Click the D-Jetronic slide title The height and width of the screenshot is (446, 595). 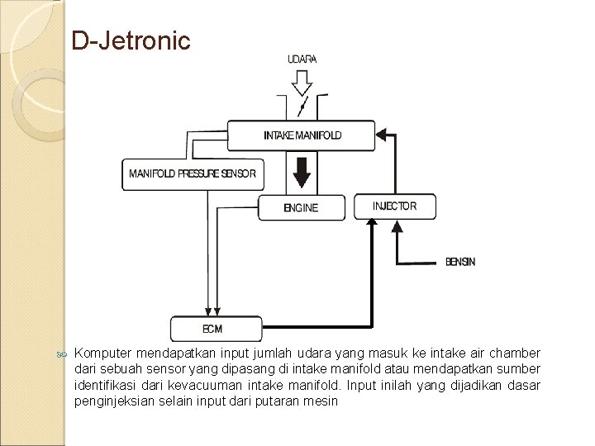coord(131,40)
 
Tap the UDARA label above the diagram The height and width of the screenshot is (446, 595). coord(302,59)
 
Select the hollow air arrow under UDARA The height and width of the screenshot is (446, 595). coord(302,82)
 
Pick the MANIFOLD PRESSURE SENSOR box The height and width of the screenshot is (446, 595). coord(193,174)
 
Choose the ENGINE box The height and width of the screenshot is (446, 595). coord(301,208)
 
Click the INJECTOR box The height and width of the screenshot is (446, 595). coord(394,206)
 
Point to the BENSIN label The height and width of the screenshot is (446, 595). coord(460,262)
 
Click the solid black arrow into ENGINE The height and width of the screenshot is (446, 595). coord(302,173)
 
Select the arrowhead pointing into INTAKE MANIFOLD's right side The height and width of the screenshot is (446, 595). coord(382,132)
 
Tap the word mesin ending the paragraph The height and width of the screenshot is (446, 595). coord(323,401)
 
